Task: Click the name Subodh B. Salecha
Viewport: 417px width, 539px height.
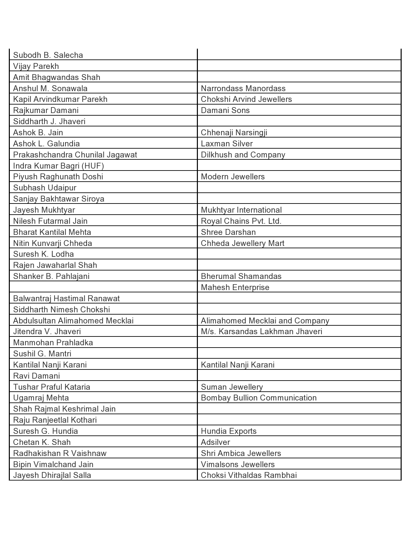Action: (x=48, y=55)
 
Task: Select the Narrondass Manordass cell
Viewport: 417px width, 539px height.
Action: (x=243, y=88)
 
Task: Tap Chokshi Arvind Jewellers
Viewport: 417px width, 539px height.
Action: (x=246, y=99)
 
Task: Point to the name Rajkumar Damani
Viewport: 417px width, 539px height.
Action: (x=46, y=110)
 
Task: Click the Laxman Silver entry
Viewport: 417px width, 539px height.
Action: (x=227, y=144)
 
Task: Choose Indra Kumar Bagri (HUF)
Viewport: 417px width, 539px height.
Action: (x=59, y=166)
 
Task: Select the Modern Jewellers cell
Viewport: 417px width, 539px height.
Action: (x=233, y=177)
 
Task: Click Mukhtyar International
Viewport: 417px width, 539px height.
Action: (x=241, y=210)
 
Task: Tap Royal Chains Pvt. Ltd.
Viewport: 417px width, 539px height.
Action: (x=241, y=221)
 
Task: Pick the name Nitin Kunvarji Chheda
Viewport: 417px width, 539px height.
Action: (x=53, y=243)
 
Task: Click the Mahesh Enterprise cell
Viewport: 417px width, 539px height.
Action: (x=235, y=287)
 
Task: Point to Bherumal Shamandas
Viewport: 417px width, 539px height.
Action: (x=241, y=276)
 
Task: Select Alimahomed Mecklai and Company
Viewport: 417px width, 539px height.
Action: (x=265, y=321)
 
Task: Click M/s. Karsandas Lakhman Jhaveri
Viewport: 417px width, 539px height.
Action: (x=261, y=332)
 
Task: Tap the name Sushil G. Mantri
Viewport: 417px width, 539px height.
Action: (x=42, y=354)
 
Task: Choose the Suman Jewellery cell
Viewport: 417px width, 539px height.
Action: (x=232, y=387)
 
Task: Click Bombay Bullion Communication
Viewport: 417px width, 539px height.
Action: (x=259, y=398)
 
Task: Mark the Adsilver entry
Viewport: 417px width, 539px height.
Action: (x=215, y=442)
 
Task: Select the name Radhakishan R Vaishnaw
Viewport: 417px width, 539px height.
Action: (x=60, y=453)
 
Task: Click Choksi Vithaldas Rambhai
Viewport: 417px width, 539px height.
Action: (x=249, y=475)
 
